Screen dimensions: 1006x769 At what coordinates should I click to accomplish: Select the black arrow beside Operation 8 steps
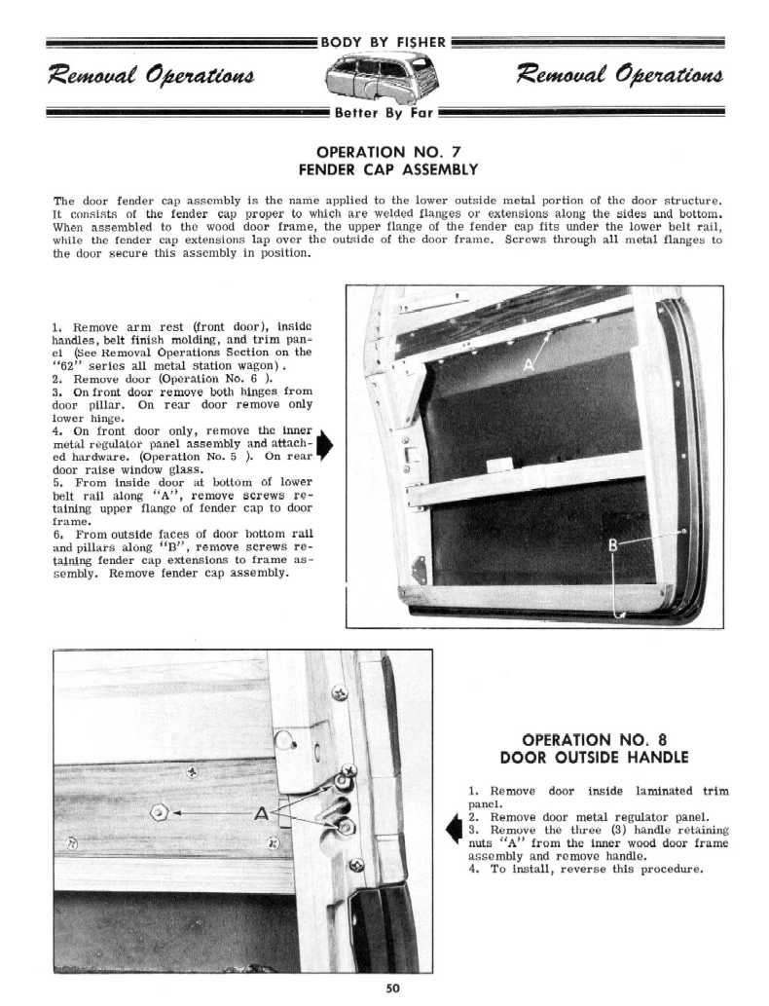coord(452,829)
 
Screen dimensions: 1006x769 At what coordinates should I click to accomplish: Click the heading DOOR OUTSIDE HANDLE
coord(594,757)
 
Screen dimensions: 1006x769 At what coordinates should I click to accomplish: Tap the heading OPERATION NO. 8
coord(594,739)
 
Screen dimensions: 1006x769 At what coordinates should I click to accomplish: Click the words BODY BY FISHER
coord(384,42)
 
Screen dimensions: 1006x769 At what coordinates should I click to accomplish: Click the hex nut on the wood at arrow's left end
coord(160,810)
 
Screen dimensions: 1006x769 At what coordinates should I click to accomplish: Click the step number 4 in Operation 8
coord(471,870)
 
